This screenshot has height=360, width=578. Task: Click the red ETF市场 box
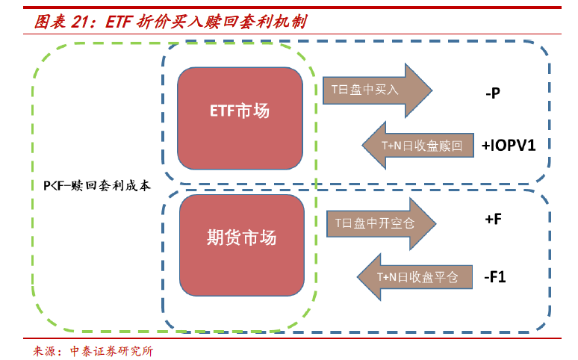pyautogui.click(x=240, y=111)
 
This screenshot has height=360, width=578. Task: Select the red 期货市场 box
pyautogui.click(x=241, y=238)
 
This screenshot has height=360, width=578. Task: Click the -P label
pyautogui.click(x=492, y=94)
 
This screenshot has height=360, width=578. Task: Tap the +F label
pyautogui.click(x=492, y=220)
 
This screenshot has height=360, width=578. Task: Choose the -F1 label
pyautogui.click(x=494, y=277)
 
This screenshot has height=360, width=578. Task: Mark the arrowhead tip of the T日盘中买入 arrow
pyautogui.click(x=432, y=90)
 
